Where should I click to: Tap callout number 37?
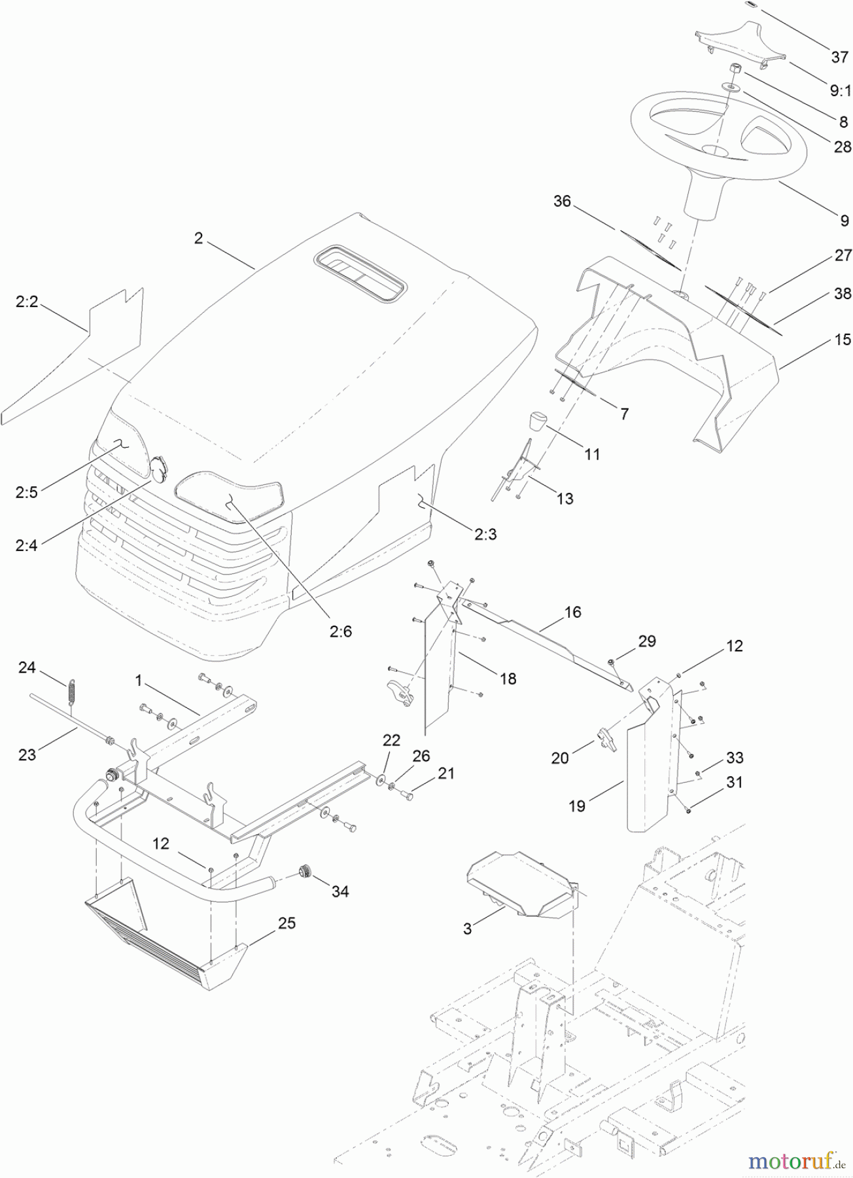coord(839,58)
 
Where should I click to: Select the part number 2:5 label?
coord(27,492)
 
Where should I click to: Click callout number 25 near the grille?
coord(287,923)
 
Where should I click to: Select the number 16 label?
coord(572,612)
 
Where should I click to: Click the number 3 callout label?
coord(467,929)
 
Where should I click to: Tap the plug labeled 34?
coord(304,871)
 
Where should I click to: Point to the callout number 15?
coord(843,339)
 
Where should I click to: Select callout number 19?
coord(576,806)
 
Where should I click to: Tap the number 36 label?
coord(562,201)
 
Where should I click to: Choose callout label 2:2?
coord(27,302)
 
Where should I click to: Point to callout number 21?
coord(445,773)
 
